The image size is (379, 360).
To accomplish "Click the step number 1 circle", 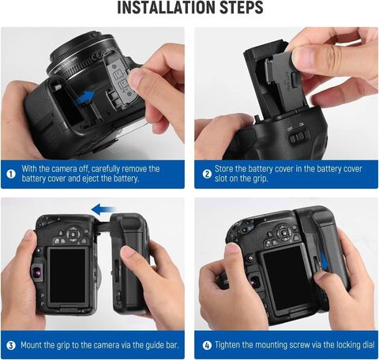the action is coord(11,174).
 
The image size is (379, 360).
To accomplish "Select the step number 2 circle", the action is coord(207,174).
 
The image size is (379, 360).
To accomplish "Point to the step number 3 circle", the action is coord(11,345).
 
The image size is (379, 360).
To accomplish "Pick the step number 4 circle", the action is coord(208,345).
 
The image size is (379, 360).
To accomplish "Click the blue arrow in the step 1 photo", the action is coord(84,98).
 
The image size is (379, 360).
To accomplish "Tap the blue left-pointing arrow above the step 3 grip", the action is coord(103,209).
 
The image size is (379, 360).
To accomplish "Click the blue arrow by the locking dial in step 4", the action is coord(324,261).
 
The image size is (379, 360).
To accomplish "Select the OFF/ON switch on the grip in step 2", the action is coord(298,137).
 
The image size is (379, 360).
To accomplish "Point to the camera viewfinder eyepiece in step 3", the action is coord(37,272).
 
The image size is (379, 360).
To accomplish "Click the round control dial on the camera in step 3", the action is coord(73,234).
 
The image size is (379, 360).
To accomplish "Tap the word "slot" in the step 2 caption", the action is coord(221,178).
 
